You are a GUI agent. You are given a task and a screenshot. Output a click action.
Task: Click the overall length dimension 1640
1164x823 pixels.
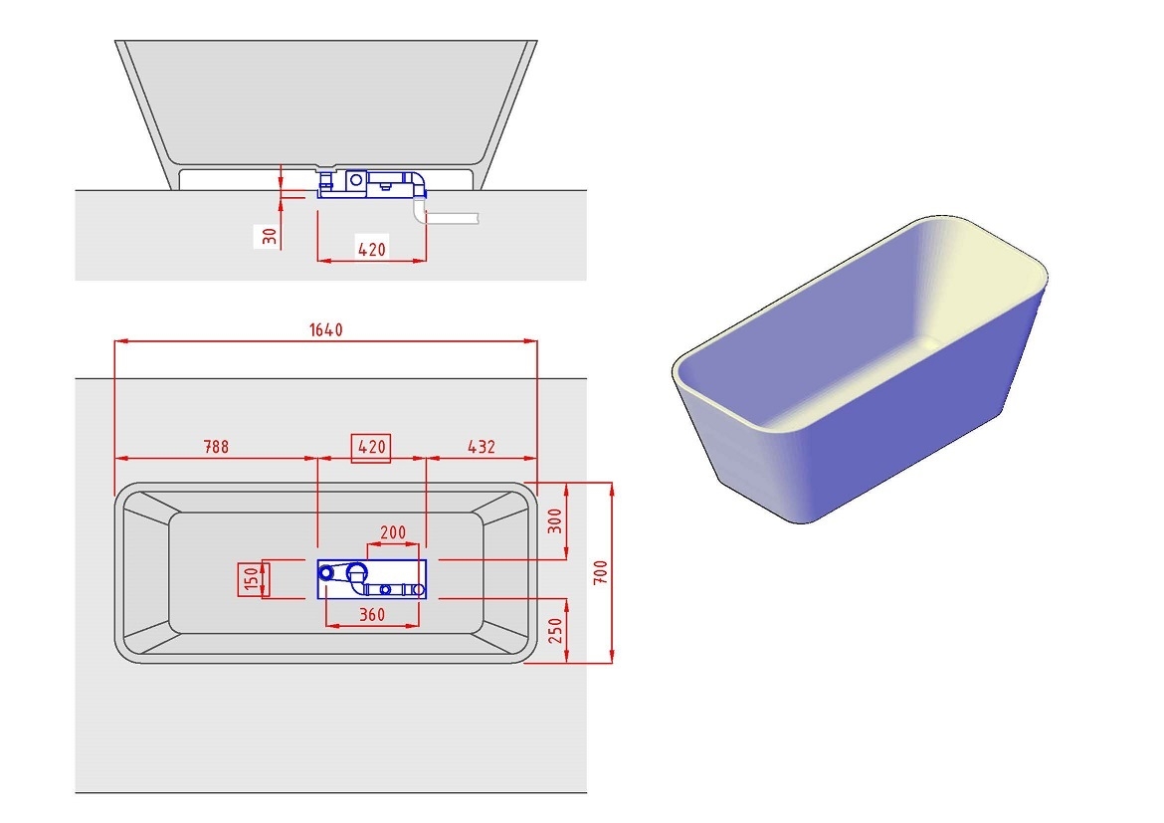pos(325,330)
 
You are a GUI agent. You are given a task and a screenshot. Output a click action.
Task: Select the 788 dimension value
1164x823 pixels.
pos(216,447)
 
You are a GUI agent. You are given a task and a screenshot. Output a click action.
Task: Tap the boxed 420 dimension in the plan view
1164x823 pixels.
pos(371,448)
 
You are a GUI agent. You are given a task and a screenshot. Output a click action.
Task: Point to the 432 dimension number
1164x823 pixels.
pos(481,447)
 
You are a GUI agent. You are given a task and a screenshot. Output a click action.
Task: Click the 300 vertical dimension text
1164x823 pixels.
pos(555,519)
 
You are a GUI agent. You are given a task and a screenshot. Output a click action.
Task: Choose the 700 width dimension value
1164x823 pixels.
pos(599,572)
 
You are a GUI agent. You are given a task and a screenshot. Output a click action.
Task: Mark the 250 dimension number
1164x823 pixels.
pos(555,631)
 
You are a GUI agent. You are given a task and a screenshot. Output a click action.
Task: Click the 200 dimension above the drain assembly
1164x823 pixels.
pos(393,532)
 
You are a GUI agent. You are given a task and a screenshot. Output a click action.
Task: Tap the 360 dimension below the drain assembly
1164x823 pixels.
pos(371,615)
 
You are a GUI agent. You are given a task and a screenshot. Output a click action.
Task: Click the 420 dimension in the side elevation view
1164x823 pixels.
pos(371,249)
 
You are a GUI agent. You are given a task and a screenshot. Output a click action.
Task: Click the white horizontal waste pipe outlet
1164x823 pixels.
pos(453,216)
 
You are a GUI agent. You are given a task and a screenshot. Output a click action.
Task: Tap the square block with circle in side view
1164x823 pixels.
pos(354,181)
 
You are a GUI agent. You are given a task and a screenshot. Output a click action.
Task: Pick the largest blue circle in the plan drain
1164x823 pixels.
pos(357,572)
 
